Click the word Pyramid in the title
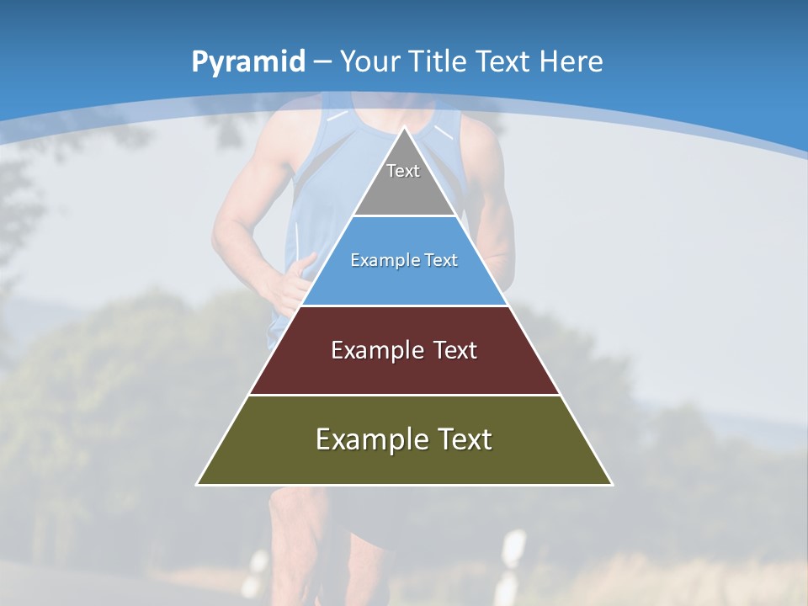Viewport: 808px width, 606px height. click(x=247, y=62)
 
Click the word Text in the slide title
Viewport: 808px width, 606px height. click(x=503, y=61)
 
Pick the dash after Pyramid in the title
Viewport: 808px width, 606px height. click(x=322, y=62)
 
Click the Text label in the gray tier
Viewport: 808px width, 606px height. click(x=403, y=171)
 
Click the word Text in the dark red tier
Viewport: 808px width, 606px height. click(x=455, y=350)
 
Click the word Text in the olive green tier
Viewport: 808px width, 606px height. click(x=463, y=439)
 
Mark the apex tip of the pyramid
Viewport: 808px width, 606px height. click(x=405, y=128)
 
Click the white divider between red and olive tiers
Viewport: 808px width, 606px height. click(x=405, y=395)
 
